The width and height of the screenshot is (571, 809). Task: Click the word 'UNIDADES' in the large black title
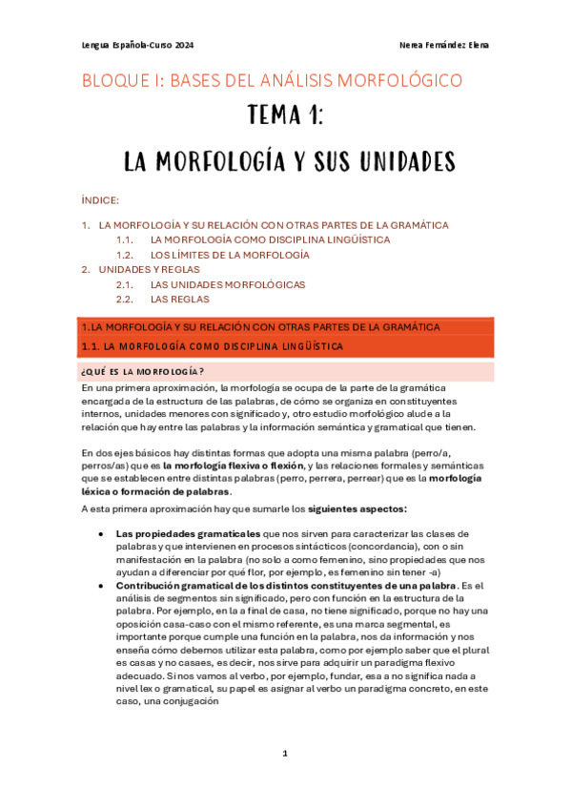click(x=387, y=160)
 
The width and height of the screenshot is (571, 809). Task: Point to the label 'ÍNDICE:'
click(x=100, y=200)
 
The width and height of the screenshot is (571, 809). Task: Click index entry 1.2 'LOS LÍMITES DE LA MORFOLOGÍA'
click(x=230, y=256)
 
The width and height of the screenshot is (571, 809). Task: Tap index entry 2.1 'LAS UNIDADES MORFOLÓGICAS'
click(x=227, y=285)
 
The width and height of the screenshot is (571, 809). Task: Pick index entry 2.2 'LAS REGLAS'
click(x=179, y=300)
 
